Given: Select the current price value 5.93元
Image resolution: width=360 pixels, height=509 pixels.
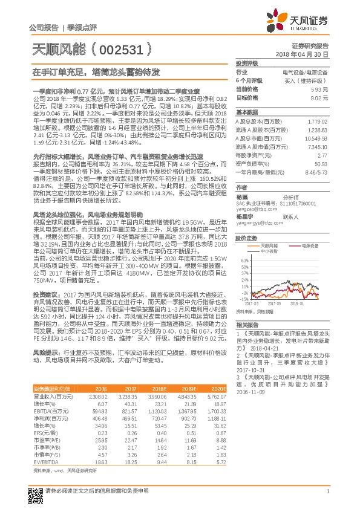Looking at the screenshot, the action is click(319, 88).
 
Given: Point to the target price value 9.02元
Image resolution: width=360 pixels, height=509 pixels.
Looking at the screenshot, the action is click(319, 97).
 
